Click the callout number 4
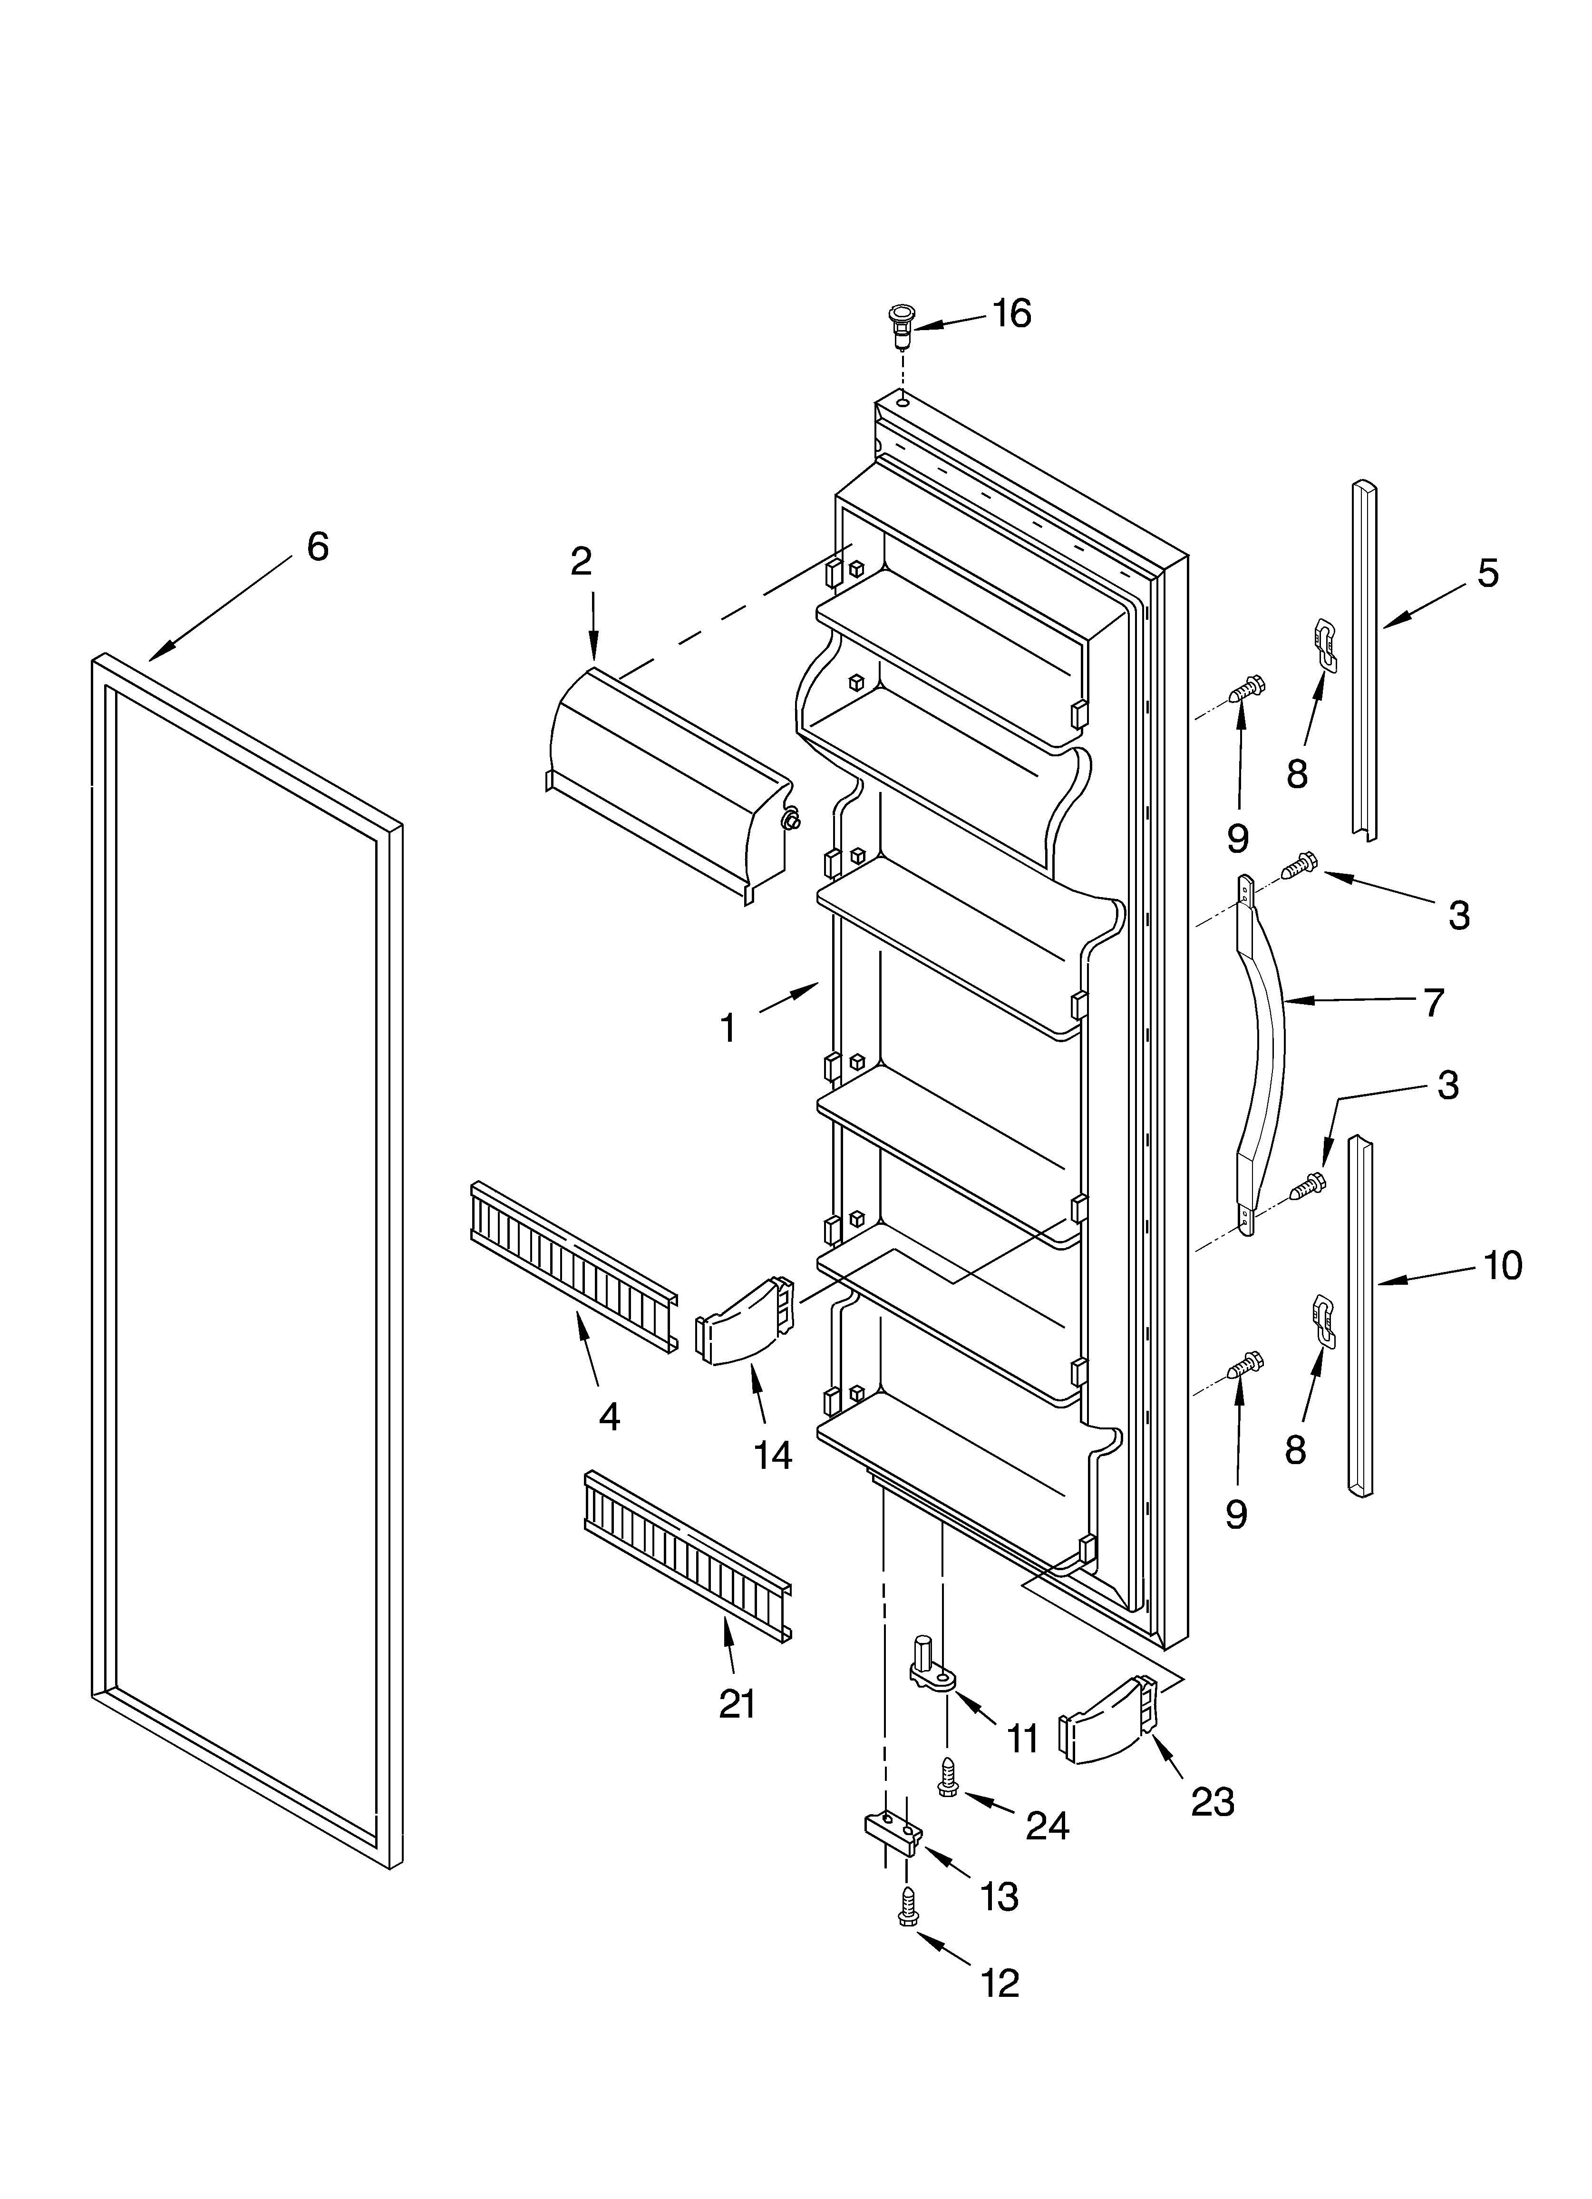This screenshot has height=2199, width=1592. pos(609,1417)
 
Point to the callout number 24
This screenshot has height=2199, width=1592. pos(1048,1826)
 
